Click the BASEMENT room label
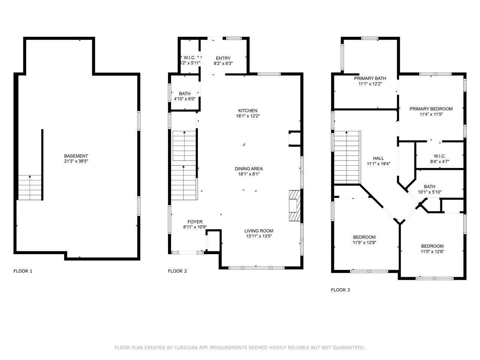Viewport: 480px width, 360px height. [x=76, y=156]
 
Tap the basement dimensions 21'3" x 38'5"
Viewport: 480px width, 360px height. [x=76, y=161]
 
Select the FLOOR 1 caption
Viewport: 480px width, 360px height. [x=23, y=271]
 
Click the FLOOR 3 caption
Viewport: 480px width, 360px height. [x=340, y=290]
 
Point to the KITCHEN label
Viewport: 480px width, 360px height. [x=248, y=111]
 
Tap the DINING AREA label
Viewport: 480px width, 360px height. [x=249, y=169]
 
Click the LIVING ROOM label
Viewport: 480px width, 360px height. [x=259, y=231]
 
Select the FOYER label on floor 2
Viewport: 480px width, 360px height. [x=195, y=222]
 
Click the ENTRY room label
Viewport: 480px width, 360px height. [x=223, y=58]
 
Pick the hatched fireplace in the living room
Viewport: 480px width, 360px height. [x=294, y=207]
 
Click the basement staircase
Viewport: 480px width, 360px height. [x=30, y=187]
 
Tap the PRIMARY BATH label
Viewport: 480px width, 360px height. [x=370, y=78]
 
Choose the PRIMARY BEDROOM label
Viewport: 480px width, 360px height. [x=431, y=109]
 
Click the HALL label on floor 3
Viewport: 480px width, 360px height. [x=378, y=158]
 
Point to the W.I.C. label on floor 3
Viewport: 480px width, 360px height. [x=439, y=156]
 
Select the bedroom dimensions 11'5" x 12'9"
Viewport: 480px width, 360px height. [x=364, y=243]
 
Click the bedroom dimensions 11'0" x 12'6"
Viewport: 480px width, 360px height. [x=432, y=252]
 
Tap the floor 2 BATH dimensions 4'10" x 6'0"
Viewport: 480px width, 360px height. [x=184, y=99]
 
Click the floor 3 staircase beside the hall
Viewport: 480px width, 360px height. [x=346, y=157]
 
